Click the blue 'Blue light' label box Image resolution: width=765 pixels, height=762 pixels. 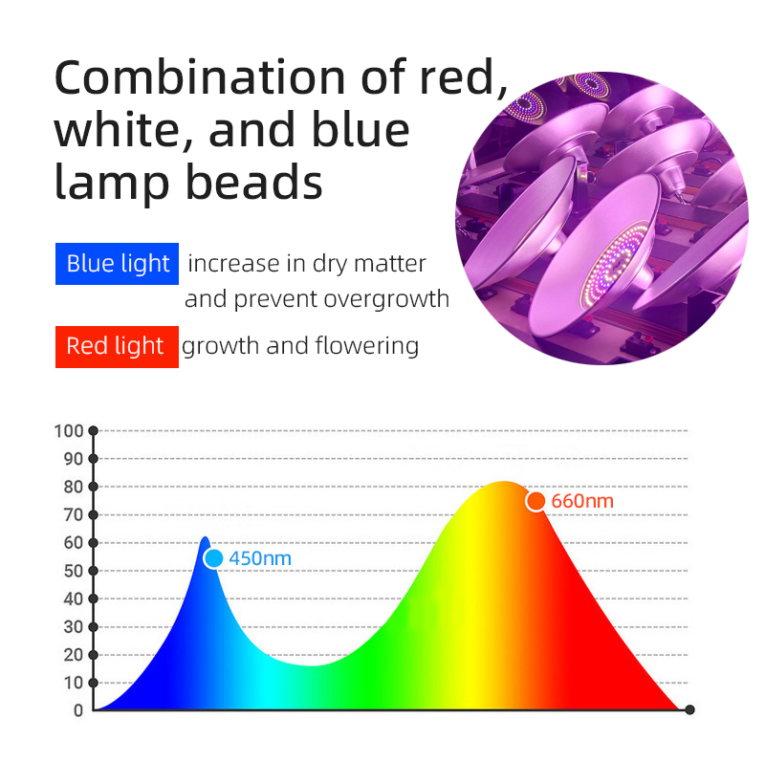[x=117, y=264]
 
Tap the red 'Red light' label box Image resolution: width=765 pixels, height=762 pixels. [x=117, y=346]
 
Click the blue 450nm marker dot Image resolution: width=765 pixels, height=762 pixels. [x=213, y=558]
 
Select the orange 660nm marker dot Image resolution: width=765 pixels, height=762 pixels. [x=535, y=501]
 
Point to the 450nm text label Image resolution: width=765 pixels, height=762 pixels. [x=260, y=558]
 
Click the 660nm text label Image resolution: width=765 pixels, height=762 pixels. [x=582, y=502]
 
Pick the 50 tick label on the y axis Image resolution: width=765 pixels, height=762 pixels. [x=74, y=571]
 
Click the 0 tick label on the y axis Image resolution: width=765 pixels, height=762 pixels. [x=78, y=710]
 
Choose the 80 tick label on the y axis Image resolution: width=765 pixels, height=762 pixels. [x=74, y=487]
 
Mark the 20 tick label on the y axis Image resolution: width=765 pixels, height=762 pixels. [x=74, y=655]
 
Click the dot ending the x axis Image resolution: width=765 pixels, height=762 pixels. [x=689, y=709]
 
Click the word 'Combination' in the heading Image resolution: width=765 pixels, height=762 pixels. [x=200, y=77]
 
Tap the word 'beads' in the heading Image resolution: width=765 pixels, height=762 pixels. [x=253, y=182]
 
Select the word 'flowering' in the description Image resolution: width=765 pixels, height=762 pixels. [x=367, y=346]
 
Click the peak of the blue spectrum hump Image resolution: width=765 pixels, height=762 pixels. [x=206, y=537]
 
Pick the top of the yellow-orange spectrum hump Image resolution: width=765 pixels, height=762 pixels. [x=504, y=482]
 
